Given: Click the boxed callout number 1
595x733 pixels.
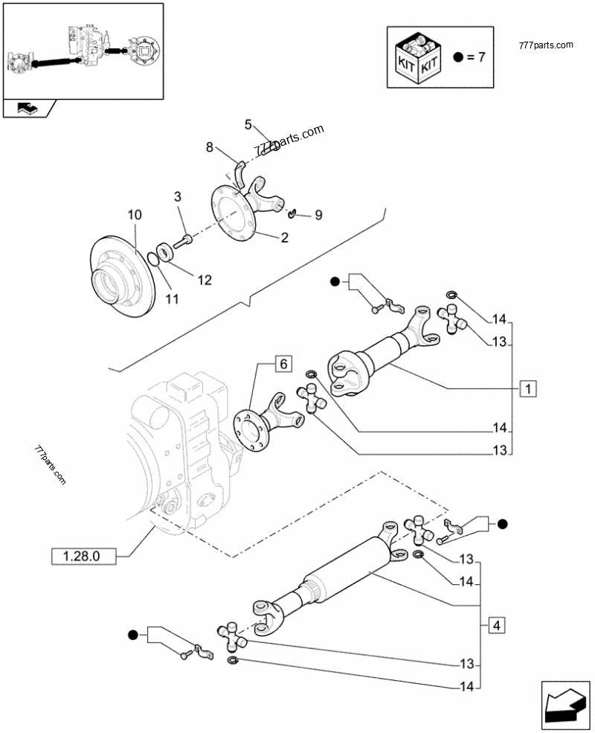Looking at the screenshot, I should pyautogui.click(x=528, y=388).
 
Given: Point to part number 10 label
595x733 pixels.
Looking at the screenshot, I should pyautogui.click(x=134, y=215).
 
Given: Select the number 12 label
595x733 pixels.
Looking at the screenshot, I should pyautogui.click(x=204, y=280).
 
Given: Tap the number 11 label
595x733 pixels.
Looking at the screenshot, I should pyautogui.click(x=172, y=300).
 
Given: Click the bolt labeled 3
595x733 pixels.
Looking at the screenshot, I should pyautogui.click(x=184, y=240).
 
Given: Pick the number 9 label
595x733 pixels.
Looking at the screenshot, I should pyautogui.click(x=318, y=215).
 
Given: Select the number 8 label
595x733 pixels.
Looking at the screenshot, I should pyautogui.click(x=210, y=148).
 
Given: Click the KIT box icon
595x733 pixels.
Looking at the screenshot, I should pyautogui.click(x=416, y=57).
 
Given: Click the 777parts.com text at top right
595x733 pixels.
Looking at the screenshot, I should pyautogui.click(x=545, y=45).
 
